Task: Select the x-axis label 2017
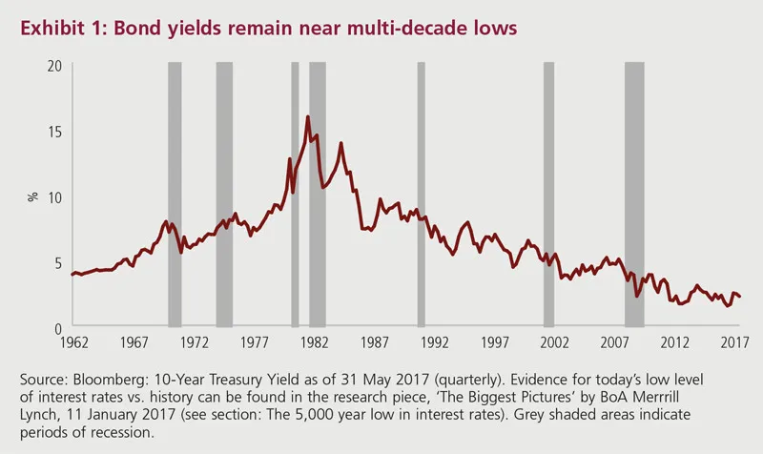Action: (x=734, y=341)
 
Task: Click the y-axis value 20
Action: (x=53, y=65)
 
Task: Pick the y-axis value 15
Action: (x=53, y=131)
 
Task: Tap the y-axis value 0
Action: (x=57, y=327)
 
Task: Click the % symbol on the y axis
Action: (x=32, y=196)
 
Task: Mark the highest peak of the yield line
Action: (x=307, y=116)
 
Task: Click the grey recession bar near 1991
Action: (x=421, y=195)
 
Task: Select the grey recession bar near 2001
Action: (x=548, y=195)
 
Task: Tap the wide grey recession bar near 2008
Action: (x=633, y=195)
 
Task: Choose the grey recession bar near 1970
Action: (x=175, y=195)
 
